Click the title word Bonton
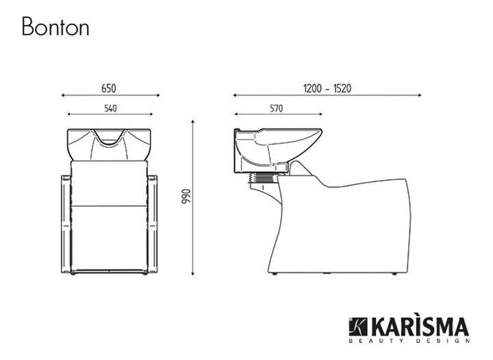(x=55, y=27)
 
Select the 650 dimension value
(x=110, y=88)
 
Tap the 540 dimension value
(x=110, y=107)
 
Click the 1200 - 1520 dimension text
(x=327, y=88)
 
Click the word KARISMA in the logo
(x=420, y=326)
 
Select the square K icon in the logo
(x=358, y=327)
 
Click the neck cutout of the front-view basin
(x=110, y=141)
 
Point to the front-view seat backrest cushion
(x=110, y=183)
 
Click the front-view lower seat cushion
(x=110, y=237)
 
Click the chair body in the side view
(x=342, y=226)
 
